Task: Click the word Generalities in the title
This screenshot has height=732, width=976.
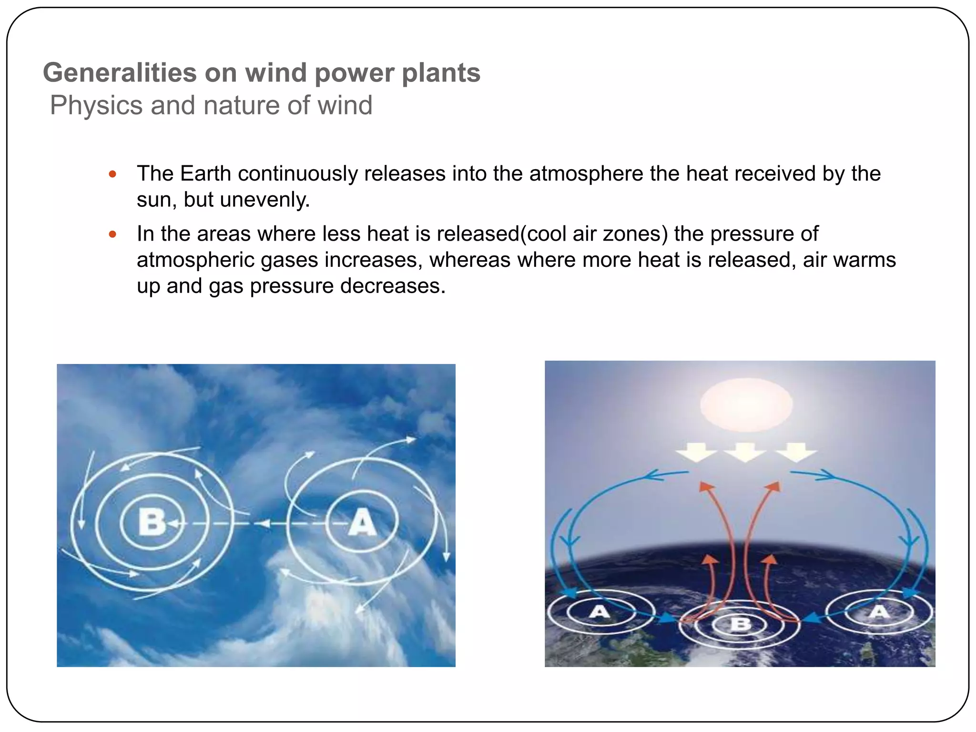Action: pos(120,73)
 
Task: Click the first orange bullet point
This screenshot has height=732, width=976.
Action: pos(112,174)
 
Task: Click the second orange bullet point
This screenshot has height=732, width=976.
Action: pos(112,234)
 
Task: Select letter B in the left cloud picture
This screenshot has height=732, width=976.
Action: pos(152,522)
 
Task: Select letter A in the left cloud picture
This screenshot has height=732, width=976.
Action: pos(362,522)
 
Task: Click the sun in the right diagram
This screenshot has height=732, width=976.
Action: pos(746,405)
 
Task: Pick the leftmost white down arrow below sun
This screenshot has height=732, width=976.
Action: pos(696,451)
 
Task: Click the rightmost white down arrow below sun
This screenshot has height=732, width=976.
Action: pos(796,452)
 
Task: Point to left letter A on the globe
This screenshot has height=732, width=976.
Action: pos(599,611)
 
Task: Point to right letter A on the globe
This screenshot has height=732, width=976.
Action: pos(879,611)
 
